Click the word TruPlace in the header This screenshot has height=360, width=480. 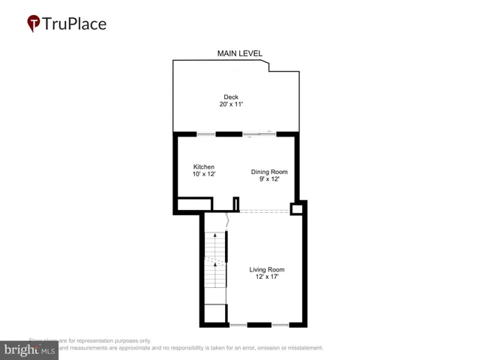tap(75, 23)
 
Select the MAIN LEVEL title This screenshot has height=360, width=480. tap(240, 53)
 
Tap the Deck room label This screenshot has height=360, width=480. tap(231, 97)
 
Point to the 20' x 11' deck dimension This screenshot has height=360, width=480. tap(231, 104)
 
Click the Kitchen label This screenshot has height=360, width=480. tap(204, 166)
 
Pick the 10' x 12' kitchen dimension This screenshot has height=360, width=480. tap(204, 174)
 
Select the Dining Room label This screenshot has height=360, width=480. tap(268, 172)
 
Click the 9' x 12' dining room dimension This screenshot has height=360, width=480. tap(268, 179)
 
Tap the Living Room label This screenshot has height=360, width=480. tap(267, 269)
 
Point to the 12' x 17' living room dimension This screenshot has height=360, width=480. tap(267, 277)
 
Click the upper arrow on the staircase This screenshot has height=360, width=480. tap(215, 237)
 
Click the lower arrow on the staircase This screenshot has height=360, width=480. tap(215, 264)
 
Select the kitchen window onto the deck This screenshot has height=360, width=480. tap(206, 134)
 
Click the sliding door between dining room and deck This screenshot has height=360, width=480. tap(259, 134)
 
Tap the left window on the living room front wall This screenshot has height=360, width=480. tap(238, 325)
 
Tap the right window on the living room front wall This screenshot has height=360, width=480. tap(280, 325)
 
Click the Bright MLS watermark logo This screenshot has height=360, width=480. tap(30, 349)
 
